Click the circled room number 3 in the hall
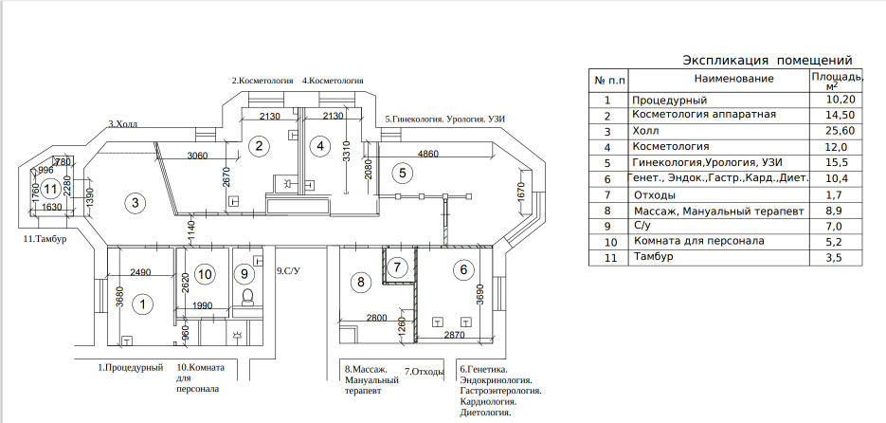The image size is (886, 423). pyautogui.click(x=136, y=202)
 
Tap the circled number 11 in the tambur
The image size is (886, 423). pyautogui.click(x=50, y=188)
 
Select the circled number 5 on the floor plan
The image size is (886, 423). pyautogui.click(x=402, y=173)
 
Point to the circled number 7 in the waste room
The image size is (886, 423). pyautogui.click(x=400, y=267)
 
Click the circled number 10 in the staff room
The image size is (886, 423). pyautogui.click(x=205, y=274)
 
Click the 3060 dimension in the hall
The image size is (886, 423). pyautogui.click(x=198, y=156)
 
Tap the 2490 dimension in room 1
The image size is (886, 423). pyautogui.click(x=141, y=273)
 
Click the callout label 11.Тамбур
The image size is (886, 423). pyautogui.click(x=43, y=239)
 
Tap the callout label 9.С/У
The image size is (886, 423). pyautogui.click(x=289, y=271)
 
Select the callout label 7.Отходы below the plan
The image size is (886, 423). pyautogui.click(x=425, y=371)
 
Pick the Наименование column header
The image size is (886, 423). pyautogui.click(x=719, y=78)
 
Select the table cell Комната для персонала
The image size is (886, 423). pyautogui.click(x=696, y=241)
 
